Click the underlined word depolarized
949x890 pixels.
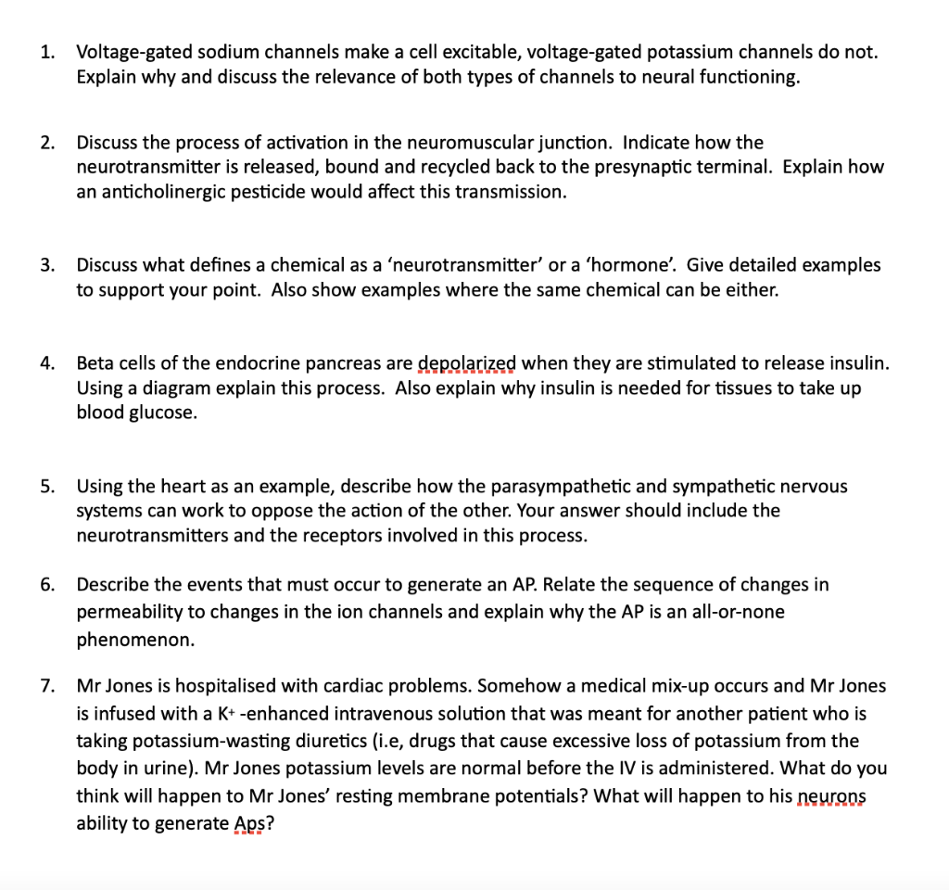tap(467, 362)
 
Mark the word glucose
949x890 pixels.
tap(161, 413)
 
